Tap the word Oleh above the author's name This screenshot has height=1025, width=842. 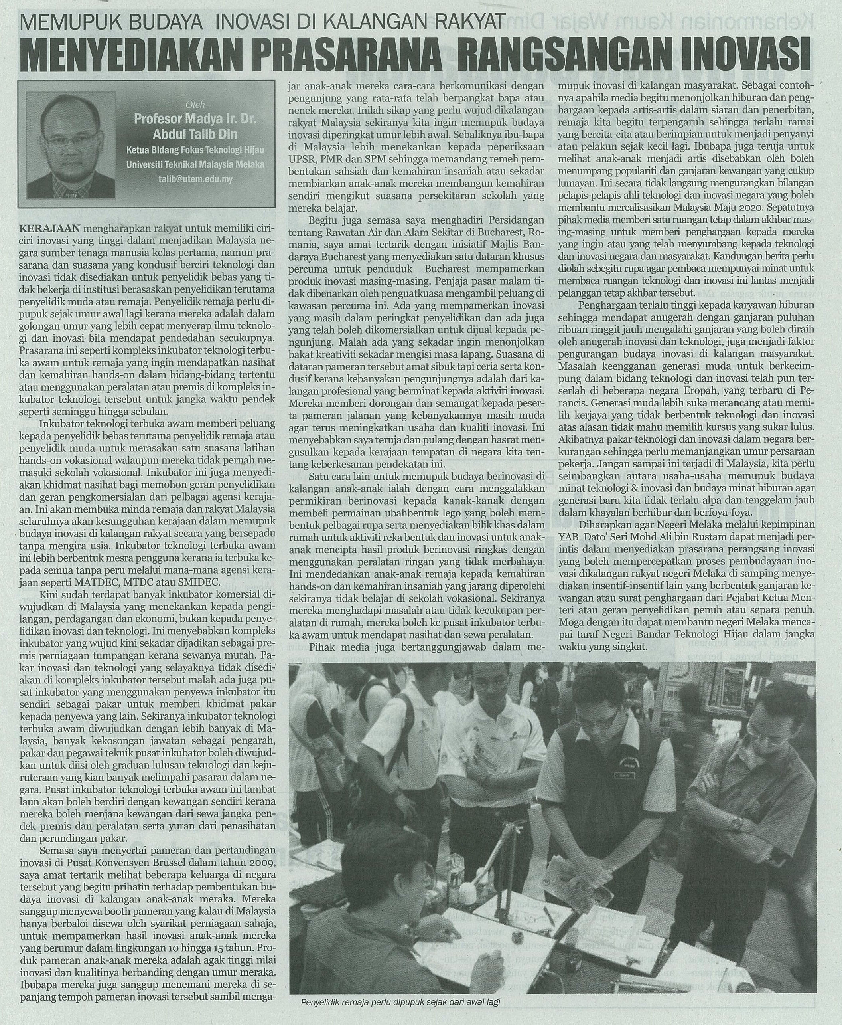click(x=196, y=104)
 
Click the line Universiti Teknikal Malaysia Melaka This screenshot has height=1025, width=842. click(x=195, y=164)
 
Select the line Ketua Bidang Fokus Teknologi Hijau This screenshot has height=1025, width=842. click(x=195, y=150)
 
